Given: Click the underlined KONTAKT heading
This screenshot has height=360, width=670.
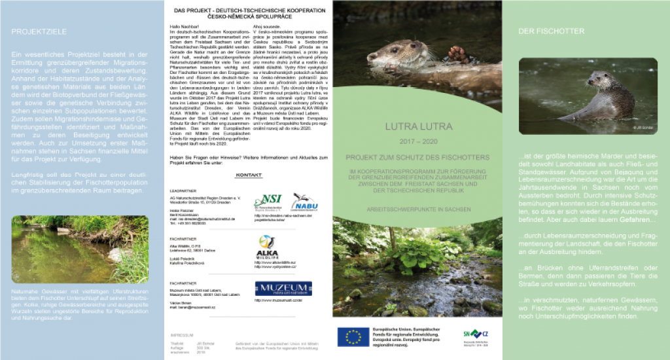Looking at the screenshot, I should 249,175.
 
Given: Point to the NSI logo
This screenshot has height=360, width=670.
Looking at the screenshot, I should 268,201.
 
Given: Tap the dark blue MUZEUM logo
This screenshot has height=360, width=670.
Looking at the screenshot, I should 283,289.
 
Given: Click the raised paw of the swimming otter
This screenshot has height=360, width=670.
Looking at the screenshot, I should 459,54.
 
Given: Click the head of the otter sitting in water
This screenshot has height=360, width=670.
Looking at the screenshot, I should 595,80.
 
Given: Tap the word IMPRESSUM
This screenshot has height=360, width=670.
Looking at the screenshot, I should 181,334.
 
